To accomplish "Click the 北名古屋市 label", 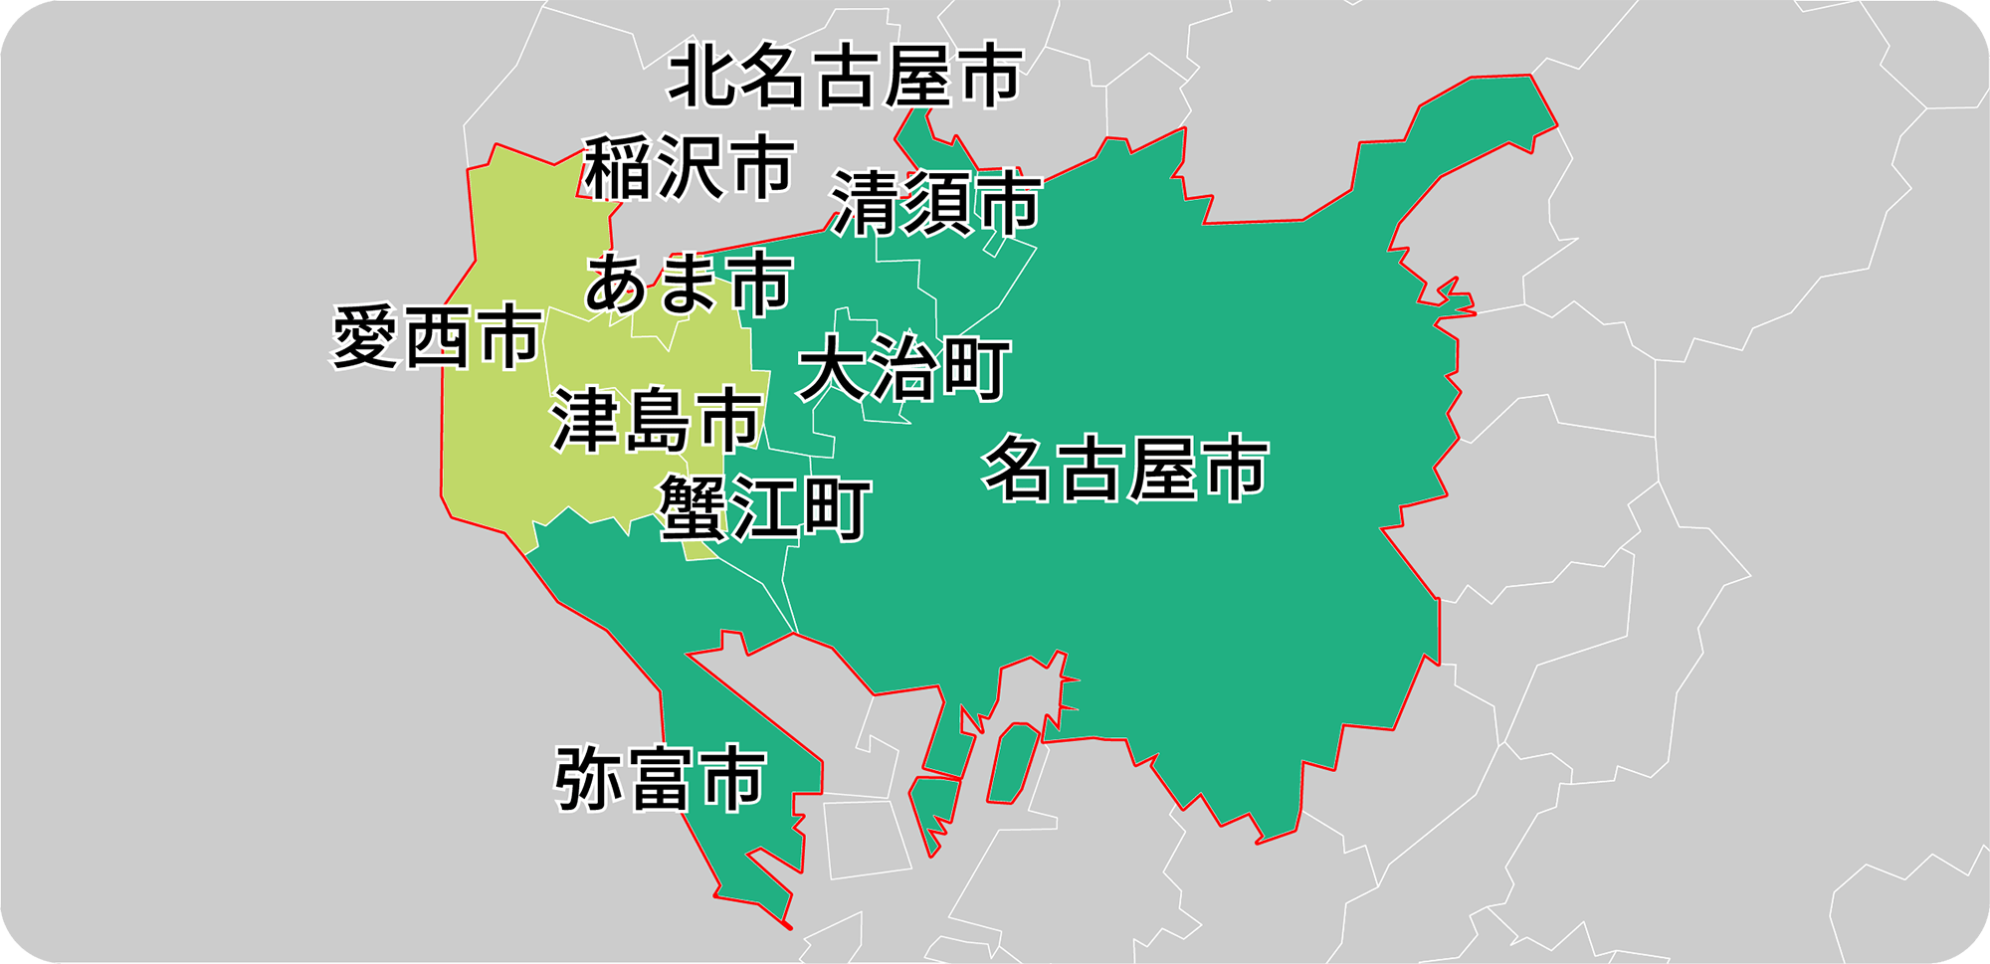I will (x=845, y=77).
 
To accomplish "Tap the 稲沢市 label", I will (x=689, y=168).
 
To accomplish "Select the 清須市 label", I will (x=935, y=204).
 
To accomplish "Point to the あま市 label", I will (x=689, y=285).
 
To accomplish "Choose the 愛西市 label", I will (x=436, y=338).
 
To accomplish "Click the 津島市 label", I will (x=657, y=421).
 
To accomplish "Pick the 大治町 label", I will (x=904, y=369).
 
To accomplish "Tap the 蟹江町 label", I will (x=764, y=508).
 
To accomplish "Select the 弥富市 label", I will (x=660, y=780).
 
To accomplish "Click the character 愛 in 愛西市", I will (x=365, y=338).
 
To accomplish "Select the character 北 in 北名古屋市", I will (x=702, y=77).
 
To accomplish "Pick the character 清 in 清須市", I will (x=866, y=204).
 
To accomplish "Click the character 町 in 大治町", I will (x=976, y=369).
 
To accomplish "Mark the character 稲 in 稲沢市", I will (x=618, y=168).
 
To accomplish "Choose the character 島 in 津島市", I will (x=657, y=421).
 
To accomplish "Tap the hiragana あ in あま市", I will (x=619, y=285).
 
